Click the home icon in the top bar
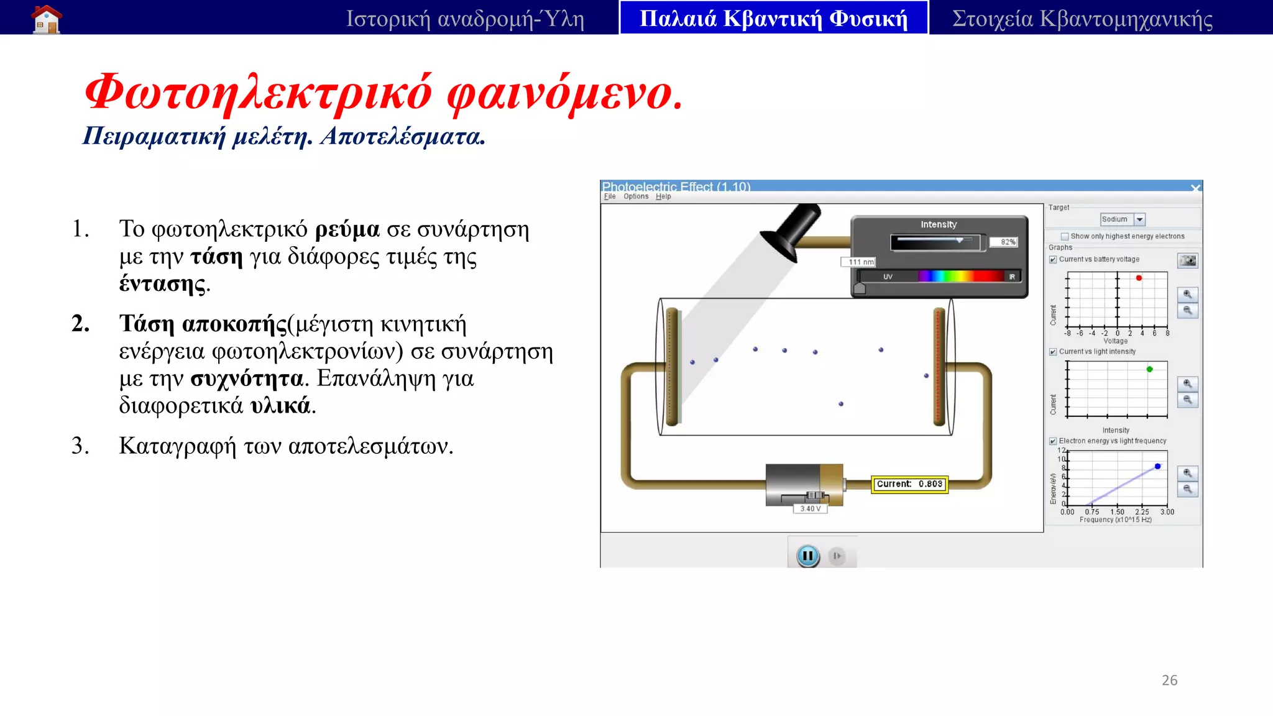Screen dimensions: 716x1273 tap(47, 19)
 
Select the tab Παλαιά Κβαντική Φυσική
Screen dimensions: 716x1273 tap(773, 19)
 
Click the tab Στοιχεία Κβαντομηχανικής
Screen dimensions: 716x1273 tap(1082, 19)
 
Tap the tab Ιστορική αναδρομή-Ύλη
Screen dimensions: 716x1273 tap(465, 19)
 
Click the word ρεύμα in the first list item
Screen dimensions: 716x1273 tap(347, 229)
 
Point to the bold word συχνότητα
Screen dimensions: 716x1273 tap(247, 379)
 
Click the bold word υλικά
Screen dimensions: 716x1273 tap(280, 406)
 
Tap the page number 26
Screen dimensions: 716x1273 tap(1169, 680)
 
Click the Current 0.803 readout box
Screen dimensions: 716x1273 tap(909, 484)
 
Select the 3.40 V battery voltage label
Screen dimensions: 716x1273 tap(810, 508)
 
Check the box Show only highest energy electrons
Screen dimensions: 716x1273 tap(1065, 236)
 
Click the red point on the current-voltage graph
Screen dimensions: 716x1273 tap(1139, 278)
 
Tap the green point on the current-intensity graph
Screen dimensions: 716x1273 tap(1149, 369)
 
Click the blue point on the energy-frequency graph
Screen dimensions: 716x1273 tap(1157, 466)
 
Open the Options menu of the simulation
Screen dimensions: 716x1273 tap(636, 196)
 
